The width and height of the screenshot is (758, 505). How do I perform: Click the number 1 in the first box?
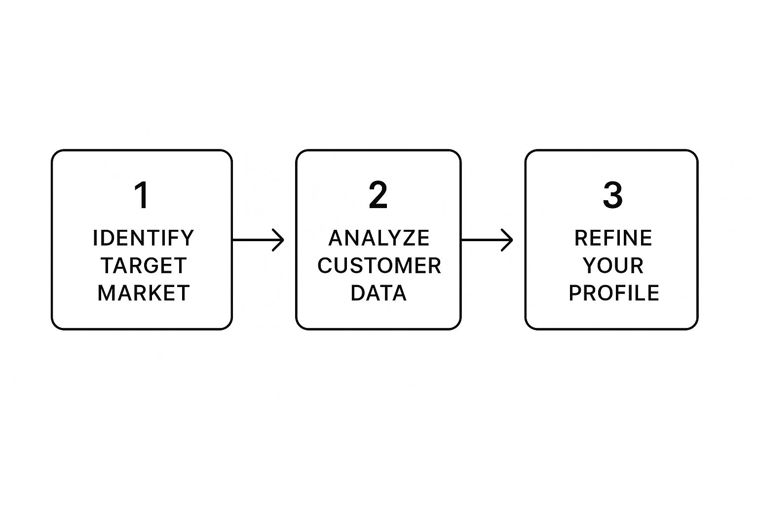coord(142,195)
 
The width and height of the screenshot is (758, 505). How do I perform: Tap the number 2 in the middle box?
coord(378,195)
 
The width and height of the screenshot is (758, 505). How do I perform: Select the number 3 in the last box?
coord(612,195)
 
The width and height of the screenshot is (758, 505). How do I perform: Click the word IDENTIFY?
coord(143,238)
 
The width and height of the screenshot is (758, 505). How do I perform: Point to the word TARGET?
coord(144,265)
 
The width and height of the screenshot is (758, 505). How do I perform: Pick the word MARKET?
coord(144,292)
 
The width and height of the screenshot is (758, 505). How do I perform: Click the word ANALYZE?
coord(379,238)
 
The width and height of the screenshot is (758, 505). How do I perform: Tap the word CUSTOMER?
coord(379,265)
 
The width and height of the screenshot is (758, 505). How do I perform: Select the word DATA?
coord(379,292)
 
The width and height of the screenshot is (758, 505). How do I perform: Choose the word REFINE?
coord(613,238)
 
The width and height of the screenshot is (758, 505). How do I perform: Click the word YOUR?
coord(613,265)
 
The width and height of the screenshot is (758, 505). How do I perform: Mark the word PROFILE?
coord(614,292)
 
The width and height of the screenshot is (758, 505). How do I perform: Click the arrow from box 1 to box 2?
coord(258,240)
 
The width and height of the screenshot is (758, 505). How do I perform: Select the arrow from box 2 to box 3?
coord(487,240)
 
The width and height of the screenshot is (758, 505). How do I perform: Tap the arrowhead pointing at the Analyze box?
coord(278,240)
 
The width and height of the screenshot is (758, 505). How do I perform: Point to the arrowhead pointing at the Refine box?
coord(507,240)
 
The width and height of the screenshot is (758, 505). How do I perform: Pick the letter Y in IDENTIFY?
coord(187,238)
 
